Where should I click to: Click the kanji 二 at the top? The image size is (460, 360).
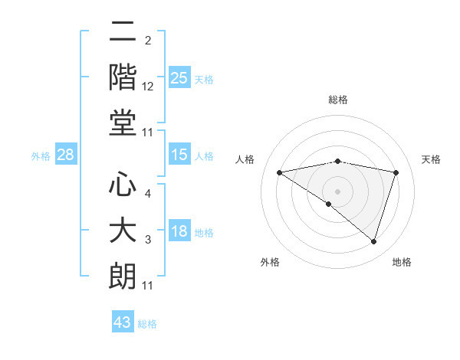[122, 34]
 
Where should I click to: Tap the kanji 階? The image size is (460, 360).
[122, 77]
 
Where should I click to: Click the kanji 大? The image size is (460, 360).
[122, 231]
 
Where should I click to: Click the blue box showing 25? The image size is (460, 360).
[179, 78]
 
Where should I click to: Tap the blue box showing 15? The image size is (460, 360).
[179, 155]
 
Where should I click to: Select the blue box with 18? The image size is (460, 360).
[179, 232]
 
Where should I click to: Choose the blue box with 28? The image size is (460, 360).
[66, 155]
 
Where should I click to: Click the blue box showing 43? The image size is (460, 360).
[123, 322]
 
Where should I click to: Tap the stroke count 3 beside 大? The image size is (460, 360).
[148, 241]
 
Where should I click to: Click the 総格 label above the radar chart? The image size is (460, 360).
[337, 100]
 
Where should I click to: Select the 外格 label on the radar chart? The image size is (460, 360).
[270, 262]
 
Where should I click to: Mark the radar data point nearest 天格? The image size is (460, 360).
[396, 172]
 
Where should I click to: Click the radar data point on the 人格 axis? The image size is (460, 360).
[280, 172]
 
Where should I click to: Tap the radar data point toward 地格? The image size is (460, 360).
[373, 241]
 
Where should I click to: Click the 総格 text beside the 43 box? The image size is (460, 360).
[147, 324]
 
